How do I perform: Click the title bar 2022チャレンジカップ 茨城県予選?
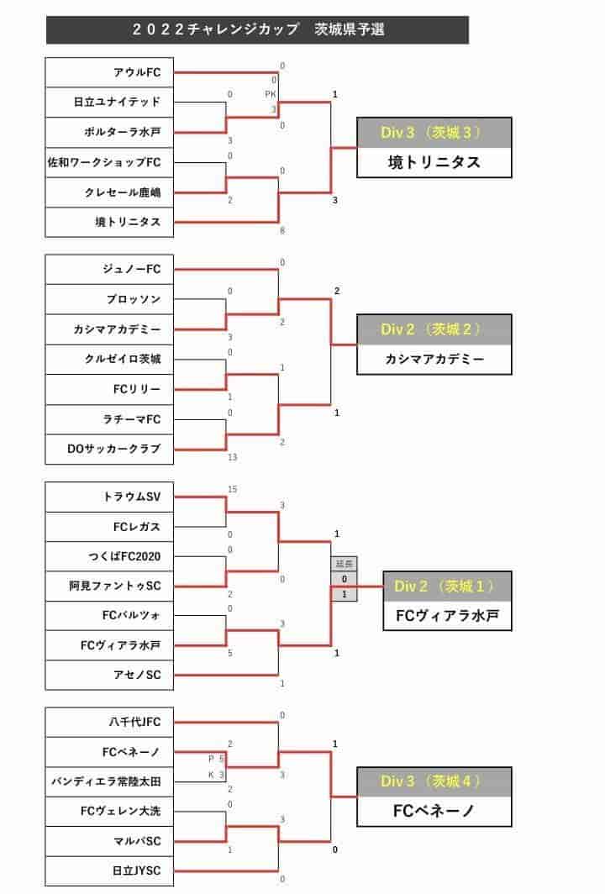click(257, 29)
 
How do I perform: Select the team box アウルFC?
click(109, 72)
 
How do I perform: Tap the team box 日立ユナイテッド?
click(109, 103)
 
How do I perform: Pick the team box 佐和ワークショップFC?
click(109, 162)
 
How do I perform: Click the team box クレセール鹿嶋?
click(109, 192)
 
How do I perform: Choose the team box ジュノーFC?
click(109, 269)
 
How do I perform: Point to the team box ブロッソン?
click(109, 299)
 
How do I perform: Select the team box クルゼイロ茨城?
click(109, 360)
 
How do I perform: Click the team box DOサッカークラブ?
click(109, 450)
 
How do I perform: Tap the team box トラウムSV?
click(109, 497)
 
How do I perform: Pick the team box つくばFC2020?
click(109, 556)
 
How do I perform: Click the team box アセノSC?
click(109, 675)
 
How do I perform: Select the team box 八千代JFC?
click(109, 723)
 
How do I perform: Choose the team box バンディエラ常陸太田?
click(109, 781)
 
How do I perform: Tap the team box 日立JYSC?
click(109, 870)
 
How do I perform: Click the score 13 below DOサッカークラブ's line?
click(232, 457)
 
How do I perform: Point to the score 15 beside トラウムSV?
click(232, 490)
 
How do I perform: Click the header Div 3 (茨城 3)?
click(434, 133)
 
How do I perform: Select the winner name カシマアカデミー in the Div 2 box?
click(434, 360)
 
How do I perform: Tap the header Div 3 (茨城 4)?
click(434, 781)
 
